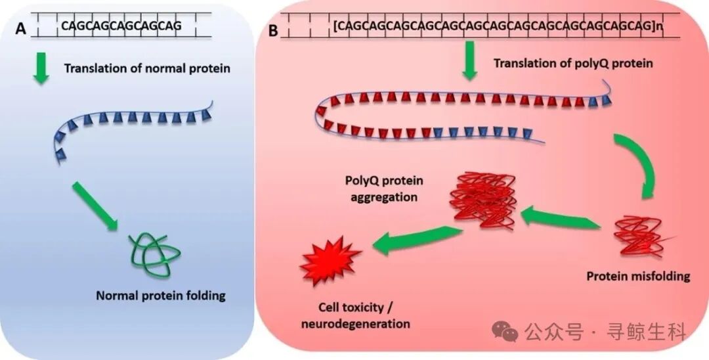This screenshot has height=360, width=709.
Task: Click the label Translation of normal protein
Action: coord(147,68)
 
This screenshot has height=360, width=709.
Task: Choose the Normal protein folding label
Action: coord(160,296)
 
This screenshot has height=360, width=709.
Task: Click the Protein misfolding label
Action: coord(637,276)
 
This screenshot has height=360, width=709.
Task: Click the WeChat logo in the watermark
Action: coord(505,332)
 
